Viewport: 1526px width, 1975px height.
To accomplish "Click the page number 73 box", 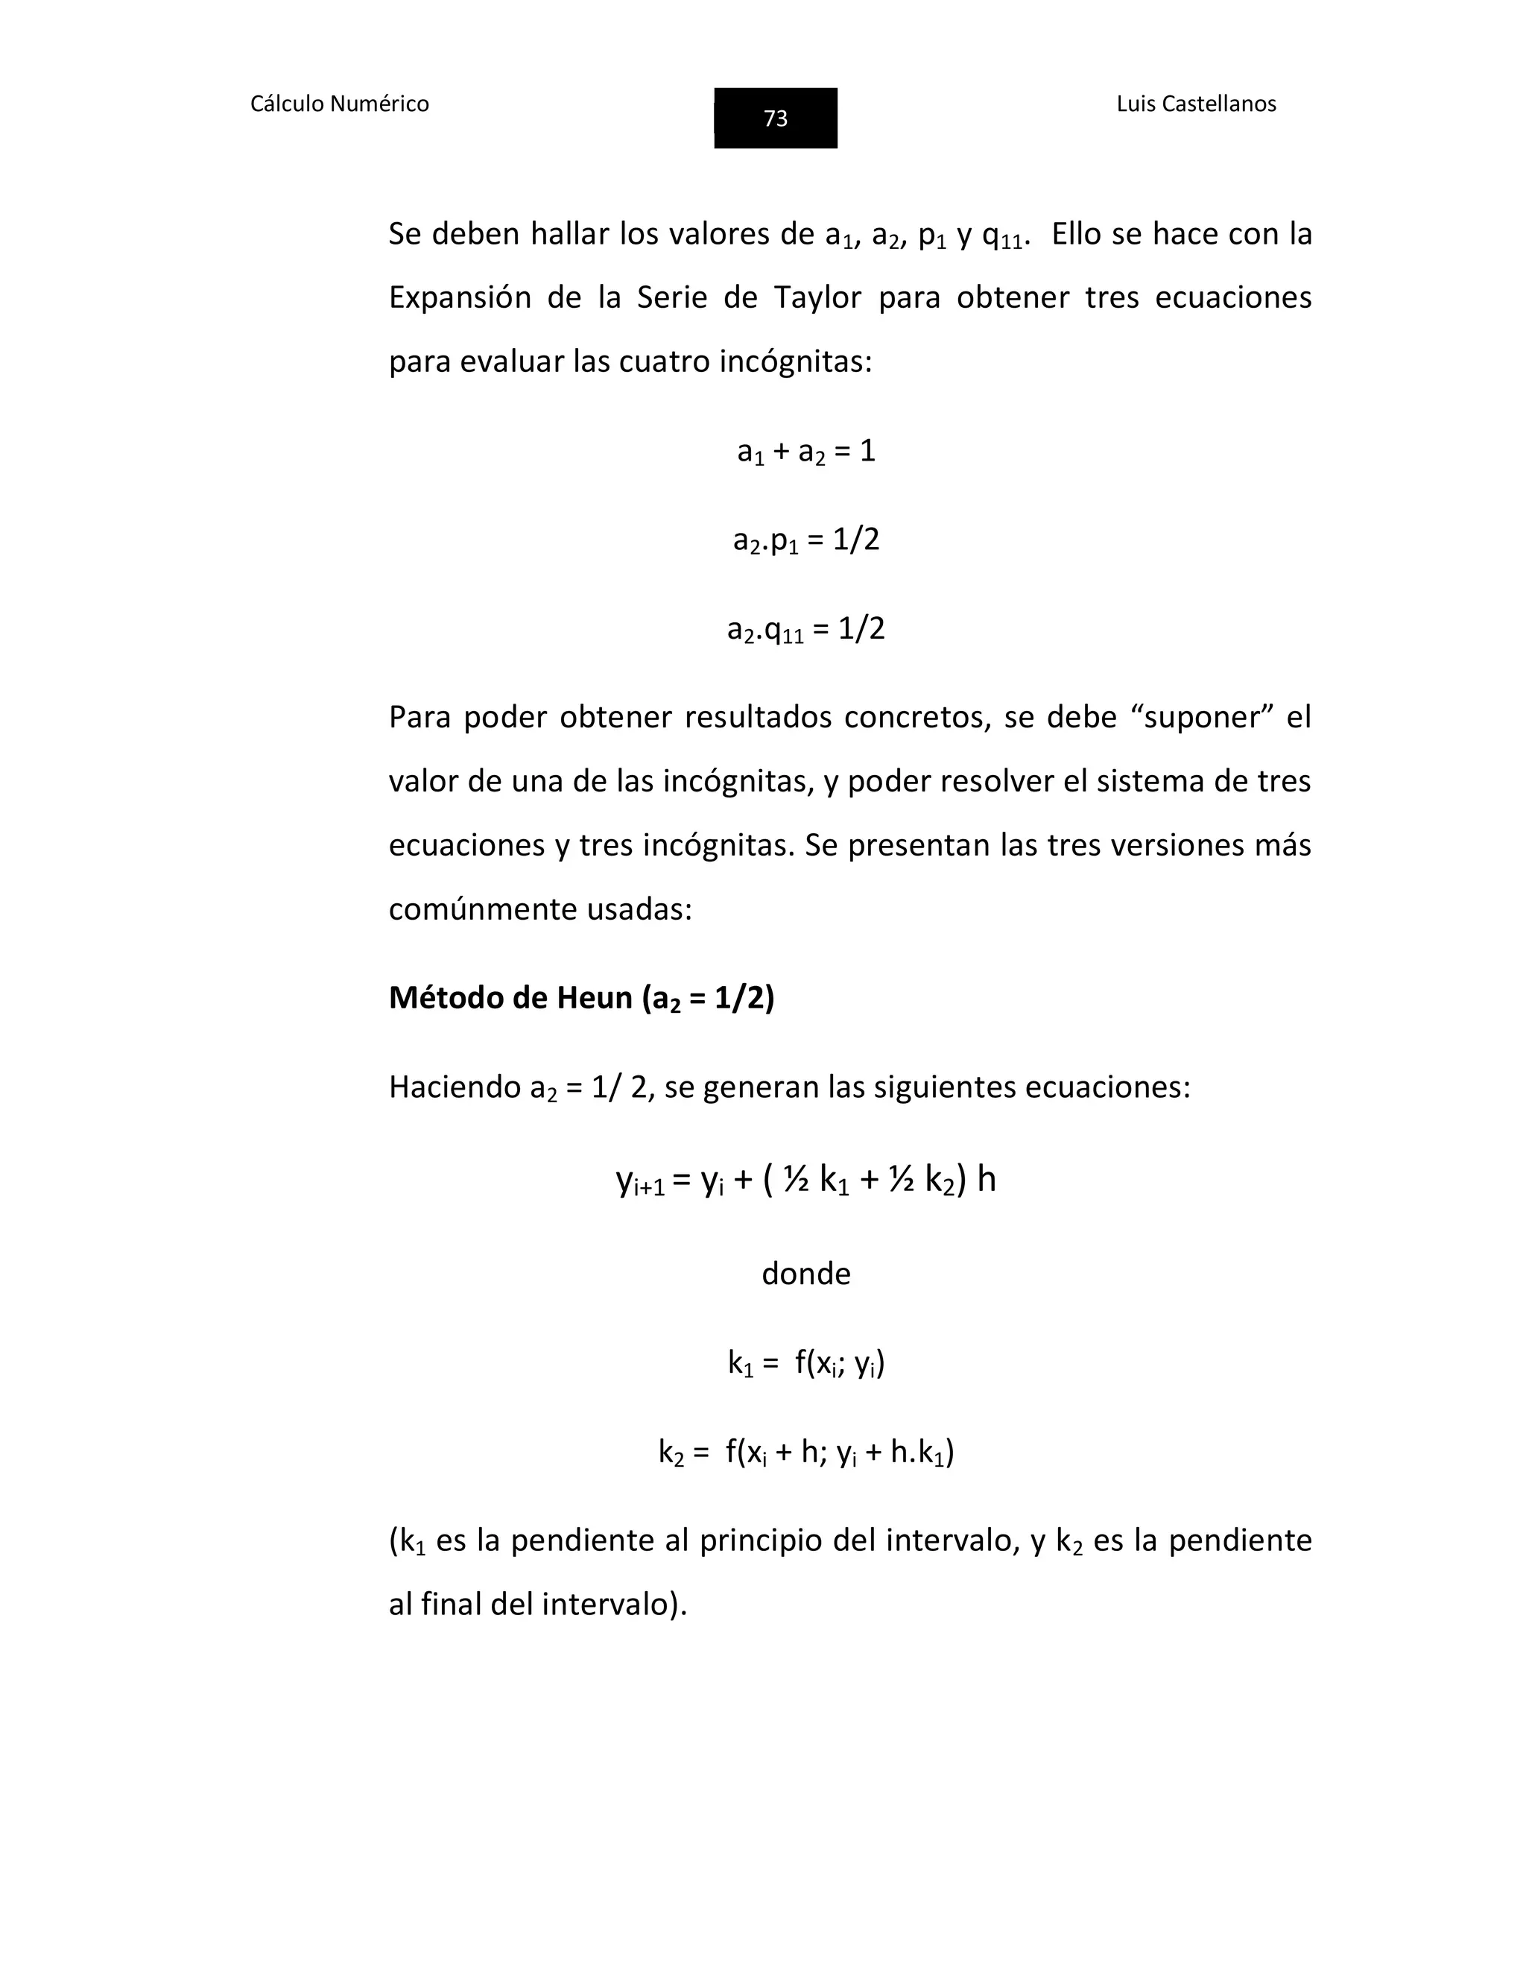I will point(775,118).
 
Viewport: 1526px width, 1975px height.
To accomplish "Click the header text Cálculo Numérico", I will point(339,104).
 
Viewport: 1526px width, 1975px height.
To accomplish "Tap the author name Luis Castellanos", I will point(1195,104).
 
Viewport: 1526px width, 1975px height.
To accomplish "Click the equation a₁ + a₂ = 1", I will point(805,450).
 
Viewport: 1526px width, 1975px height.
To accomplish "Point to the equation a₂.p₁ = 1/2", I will point(805,540).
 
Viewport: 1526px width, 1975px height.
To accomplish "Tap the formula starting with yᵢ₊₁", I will point(805,1180).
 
